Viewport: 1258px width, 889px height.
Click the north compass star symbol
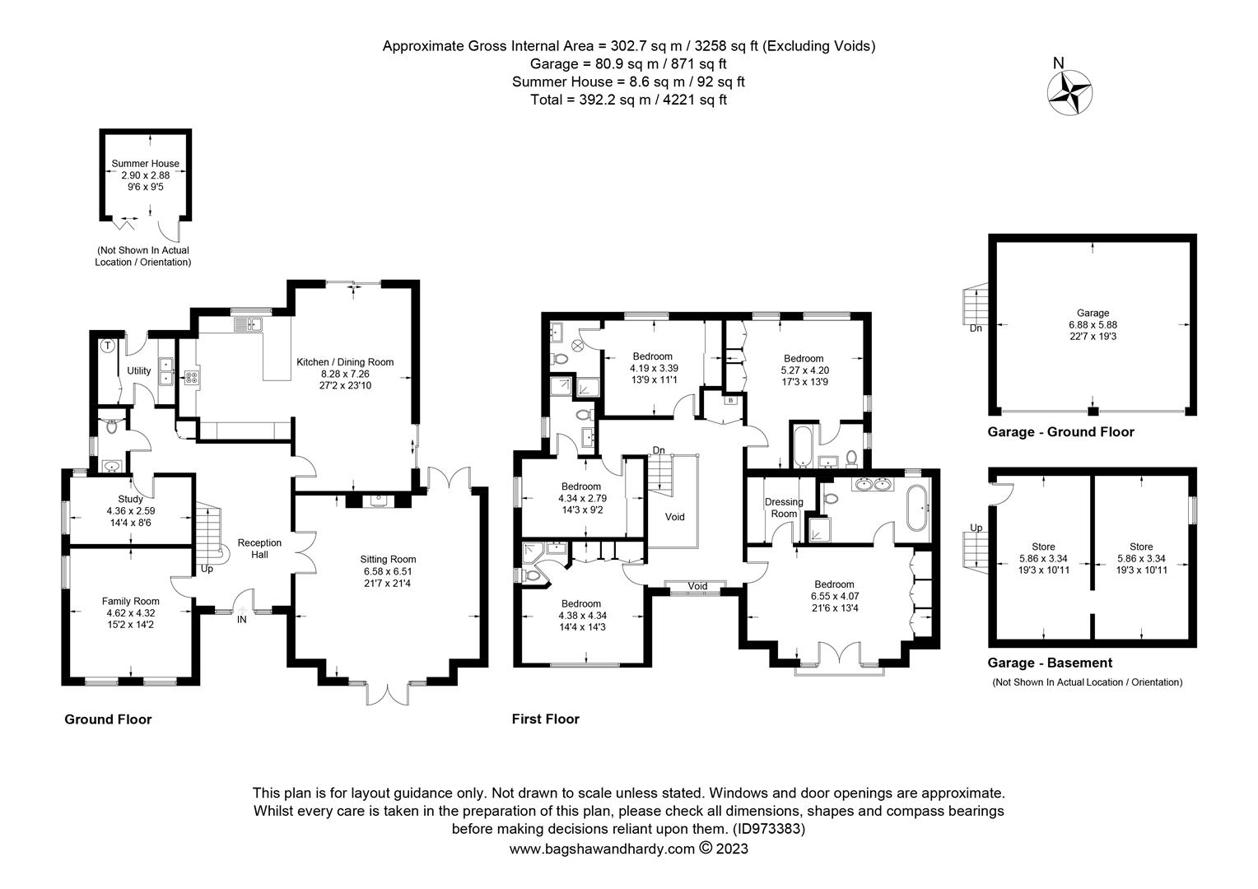1069,92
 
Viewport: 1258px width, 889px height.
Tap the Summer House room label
145,164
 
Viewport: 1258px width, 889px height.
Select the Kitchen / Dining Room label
345,362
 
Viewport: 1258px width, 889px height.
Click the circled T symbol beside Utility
107,346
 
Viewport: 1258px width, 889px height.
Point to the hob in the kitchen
191,378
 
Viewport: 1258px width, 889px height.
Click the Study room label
130,499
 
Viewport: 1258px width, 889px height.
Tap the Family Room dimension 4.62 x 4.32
130,612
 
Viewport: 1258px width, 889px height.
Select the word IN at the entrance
241,620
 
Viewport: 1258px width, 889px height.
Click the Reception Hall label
259,549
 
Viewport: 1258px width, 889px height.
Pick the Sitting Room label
388,560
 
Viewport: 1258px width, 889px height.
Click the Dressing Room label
784,508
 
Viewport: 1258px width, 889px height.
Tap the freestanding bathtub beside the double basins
918,508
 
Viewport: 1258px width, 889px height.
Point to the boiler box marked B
730,400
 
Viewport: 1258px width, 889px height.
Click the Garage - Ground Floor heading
1061,432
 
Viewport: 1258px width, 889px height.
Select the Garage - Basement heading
1050,663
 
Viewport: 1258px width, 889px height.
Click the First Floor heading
545,719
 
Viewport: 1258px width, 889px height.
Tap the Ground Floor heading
108,719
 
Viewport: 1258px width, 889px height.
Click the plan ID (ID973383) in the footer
769,829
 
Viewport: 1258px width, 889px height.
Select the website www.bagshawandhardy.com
602,849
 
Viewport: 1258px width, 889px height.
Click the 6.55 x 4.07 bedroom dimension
835,596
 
